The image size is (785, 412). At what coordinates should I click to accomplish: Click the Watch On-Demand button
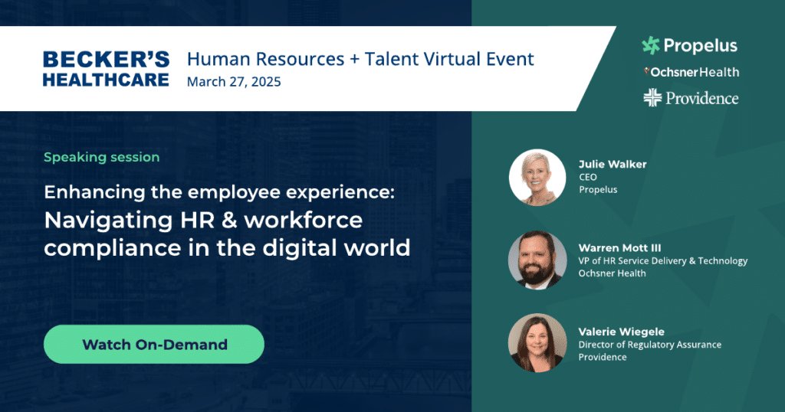153,344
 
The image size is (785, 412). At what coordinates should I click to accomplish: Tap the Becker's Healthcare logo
106,69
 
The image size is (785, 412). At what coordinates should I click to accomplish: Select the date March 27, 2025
234,81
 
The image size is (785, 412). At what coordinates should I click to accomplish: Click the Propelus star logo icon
651,45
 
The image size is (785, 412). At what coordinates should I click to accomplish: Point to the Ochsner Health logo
691,72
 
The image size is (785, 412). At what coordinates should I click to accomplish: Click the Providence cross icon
652,97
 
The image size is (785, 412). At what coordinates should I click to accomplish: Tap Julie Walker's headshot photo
537,178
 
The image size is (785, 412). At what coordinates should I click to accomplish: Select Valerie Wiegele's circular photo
537,343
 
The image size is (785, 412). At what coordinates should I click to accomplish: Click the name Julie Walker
613,164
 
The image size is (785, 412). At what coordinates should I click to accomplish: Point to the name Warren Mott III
619,247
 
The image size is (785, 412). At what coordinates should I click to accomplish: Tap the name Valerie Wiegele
621,332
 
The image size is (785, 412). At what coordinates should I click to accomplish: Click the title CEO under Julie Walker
588,177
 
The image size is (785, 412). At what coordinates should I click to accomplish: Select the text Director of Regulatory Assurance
650,345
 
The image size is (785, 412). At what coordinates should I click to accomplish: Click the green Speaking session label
102,157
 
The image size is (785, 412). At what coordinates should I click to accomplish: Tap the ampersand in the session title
229,221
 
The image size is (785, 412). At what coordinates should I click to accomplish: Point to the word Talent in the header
392,59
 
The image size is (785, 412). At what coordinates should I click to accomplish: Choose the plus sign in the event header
354,60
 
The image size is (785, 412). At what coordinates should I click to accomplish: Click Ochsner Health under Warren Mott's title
613,273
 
